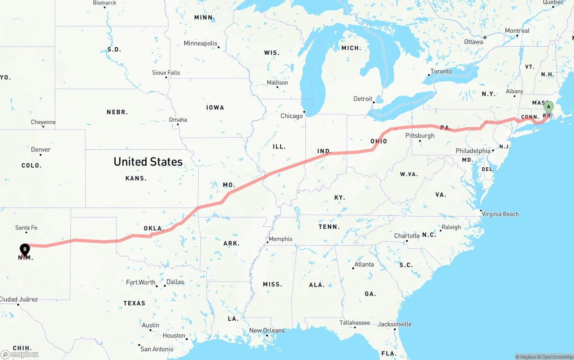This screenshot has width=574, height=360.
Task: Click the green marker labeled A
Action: (548, 108)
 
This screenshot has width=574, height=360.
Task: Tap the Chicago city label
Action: (291, 116)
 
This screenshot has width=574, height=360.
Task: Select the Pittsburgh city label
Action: (420, 135)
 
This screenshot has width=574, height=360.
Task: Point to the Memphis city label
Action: (280, 239)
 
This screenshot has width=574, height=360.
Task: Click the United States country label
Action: (148, 162)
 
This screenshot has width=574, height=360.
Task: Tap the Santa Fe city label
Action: (26, 228)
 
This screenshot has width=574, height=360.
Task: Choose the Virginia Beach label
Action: (500, 214)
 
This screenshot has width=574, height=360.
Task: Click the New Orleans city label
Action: (267, 330)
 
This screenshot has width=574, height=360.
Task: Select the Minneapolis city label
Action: (200, 43)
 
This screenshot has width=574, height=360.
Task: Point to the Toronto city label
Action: (441, 71)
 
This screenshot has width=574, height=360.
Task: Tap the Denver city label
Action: (41, 149)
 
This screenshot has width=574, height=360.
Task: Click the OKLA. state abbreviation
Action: (154, 228)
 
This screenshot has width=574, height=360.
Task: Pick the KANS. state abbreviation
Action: (136, 178)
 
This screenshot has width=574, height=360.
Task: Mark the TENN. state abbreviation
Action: (329, 227)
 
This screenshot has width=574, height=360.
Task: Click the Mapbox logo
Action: (20, 354)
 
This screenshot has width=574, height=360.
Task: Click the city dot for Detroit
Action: (374, 102)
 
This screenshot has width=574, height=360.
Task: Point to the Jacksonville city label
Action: (395, 324)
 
